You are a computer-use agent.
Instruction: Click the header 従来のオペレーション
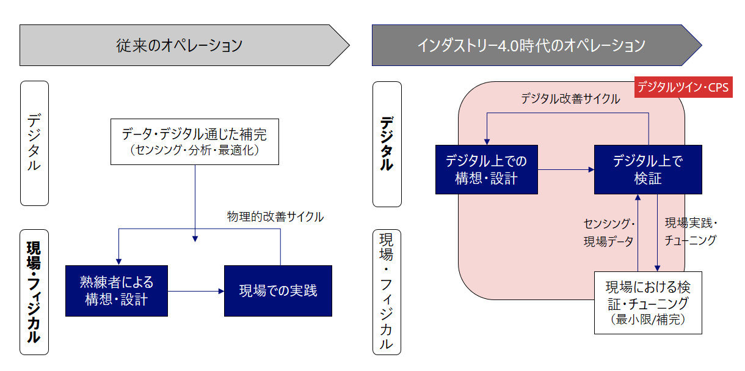click(x=180, y=45)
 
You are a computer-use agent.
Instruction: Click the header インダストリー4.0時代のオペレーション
click(x=531, y=45)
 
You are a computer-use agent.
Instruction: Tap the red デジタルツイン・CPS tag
click(x=683, y=87)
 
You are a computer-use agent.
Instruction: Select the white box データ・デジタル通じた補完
click(x=194, y=141)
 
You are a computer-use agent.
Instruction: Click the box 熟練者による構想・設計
click(x=116, y=290)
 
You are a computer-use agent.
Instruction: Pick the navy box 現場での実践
click(x=278, y=290)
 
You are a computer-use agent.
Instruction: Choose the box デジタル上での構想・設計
click(x=486, y=169)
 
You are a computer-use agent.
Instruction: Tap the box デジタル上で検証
click(x=648, y=169)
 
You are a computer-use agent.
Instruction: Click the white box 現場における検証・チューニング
click(x=648, y=303)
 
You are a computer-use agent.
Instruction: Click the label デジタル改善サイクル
click(x=570, y=98)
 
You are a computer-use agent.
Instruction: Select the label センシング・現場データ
click(x=609, y=232)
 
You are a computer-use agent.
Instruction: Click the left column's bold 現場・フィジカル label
click(x=34, y=292)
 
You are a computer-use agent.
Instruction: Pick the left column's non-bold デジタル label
click(x=34, y=143)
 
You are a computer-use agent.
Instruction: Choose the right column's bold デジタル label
click(x=387, y=143)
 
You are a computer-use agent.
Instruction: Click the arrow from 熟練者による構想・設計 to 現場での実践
click(x=195, y=291)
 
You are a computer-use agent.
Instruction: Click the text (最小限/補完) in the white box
click(x=648, y=319)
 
